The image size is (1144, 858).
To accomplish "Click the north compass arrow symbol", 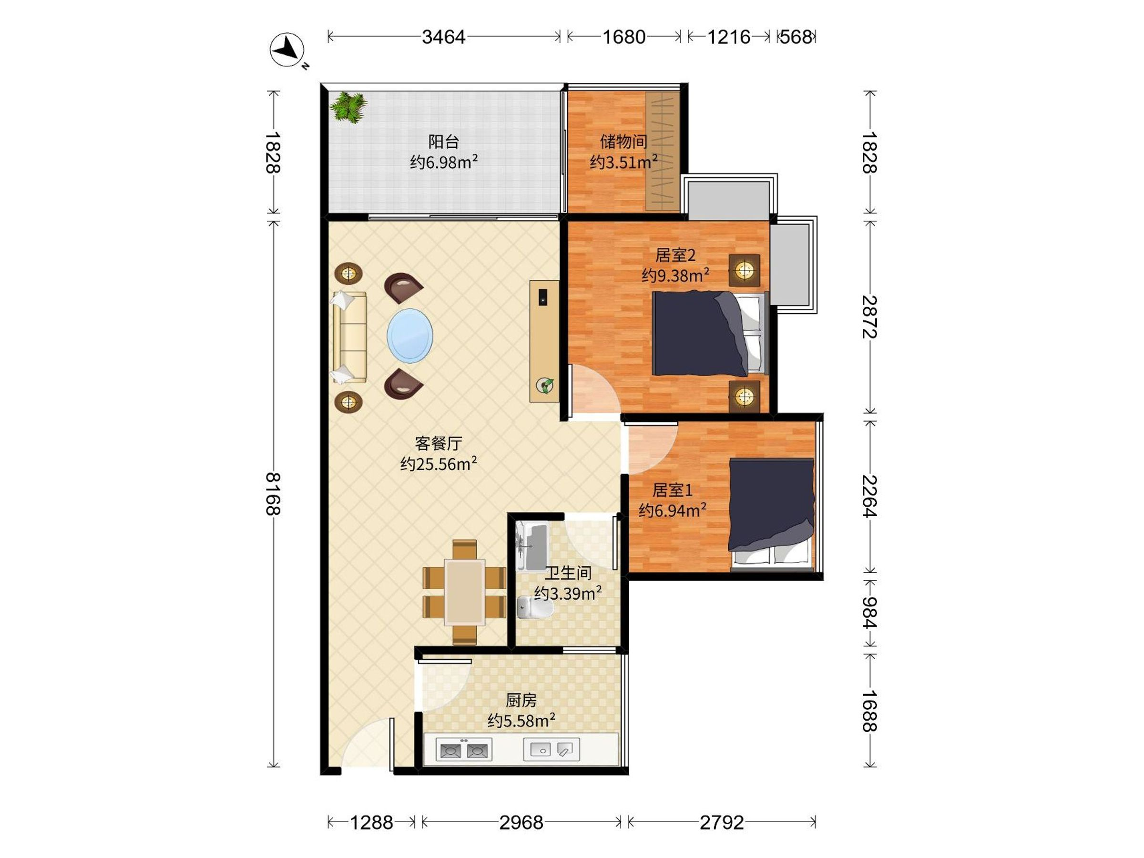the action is [x=287, y=50].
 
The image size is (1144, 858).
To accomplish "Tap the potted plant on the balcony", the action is [x=348, y=107].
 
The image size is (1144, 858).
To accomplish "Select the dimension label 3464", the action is [x=444, y=37].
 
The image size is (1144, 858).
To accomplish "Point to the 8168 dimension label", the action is [x=273, y=494].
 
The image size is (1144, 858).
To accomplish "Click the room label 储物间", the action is [x=623, y=141].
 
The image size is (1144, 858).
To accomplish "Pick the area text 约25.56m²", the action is [x=439, y=464].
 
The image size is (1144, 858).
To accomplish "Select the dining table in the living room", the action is [x=464, y=592].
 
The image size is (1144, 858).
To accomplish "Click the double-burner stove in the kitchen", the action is [x=464, y=749].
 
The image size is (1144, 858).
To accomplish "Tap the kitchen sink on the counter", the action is [x=552, y=749].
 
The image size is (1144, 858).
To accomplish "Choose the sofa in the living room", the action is [x=349, y=337].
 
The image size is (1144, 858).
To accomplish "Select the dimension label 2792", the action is [x=722, y=822].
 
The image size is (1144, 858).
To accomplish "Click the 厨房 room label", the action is [x=521, y=700].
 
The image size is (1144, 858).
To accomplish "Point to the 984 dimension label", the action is [x=870, y=613].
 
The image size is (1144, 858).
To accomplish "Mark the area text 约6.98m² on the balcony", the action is [x=444, y=163].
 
